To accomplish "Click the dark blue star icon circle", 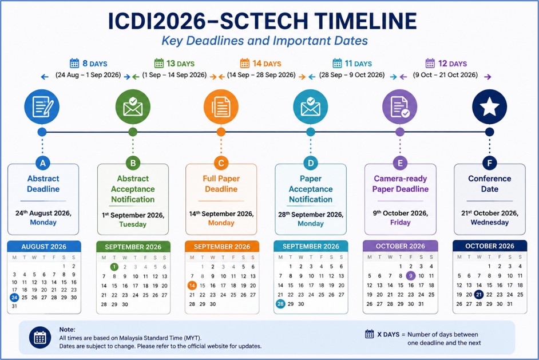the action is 489,106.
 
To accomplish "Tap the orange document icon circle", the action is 221,106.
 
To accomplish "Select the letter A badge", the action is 42,163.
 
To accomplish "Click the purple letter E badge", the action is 400,163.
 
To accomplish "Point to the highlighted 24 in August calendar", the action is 14,298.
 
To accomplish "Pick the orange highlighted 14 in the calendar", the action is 192,286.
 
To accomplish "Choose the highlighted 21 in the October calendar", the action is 479,294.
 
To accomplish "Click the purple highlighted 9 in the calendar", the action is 410,275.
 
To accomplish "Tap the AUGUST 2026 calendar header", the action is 44,247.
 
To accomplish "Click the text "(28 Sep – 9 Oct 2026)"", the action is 352,75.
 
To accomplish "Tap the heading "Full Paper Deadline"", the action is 221,184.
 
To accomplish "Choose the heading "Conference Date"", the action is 489,184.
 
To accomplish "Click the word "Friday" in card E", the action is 400,223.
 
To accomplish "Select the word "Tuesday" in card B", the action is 133,224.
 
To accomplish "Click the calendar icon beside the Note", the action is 40,337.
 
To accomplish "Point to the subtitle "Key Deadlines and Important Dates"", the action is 265,41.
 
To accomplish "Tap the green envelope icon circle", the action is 133,106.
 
